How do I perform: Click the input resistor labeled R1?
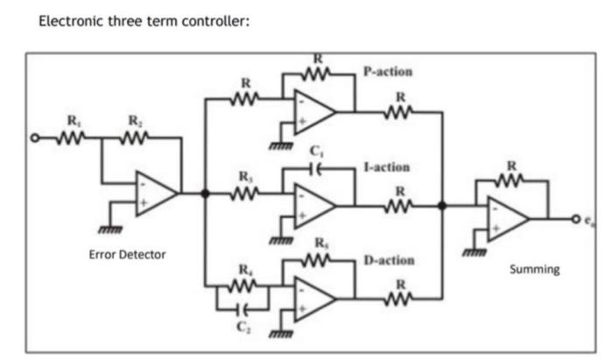click(x=71, y=138)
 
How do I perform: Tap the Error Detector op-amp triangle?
click(x=156, y=193)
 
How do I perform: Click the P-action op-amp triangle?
click(x=314, y=111)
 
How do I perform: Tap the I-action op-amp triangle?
click(x=314, y=207)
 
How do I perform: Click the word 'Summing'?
click(x=534, y=269)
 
